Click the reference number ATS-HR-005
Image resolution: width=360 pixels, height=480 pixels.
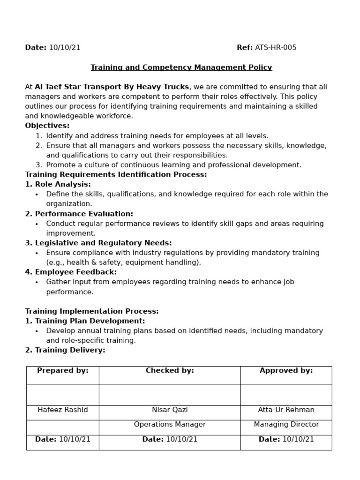275,47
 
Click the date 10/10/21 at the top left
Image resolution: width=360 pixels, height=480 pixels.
64,47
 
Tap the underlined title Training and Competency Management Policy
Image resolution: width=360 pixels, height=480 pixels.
181,67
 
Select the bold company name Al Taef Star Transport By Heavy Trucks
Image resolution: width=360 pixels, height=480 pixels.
112,87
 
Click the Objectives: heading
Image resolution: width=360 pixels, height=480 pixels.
47,126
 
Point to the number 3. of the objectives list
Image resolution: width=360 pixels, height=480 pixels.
39,165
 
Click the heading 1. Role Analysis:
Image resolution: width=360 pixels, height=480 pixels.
58,184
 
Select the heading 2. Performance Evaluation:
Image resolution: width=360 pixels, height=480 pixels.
79,214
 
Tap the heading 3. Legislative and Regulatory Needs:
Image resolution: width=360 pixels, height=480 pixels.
98,243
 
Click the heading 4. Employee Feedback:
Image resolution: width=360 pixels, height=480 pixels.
71,272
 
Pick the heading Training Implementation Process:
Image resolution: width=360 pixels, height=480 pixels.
92,311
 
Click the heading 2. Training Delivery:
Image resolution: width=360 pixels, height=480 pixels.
65,350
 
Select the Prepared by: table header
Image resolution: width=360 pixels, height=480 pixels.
63,371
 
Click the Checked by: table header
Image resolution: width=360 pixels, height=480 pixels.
170,371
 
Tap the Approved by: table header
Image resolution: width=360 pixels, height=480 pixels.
286,371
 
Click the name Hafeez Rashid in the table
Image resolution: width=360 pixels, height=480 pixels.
63,410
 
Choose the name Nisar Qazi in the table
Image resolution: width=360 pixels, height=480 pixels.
170,410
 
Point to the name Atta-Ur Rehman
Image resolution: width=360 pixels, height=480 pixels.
286,410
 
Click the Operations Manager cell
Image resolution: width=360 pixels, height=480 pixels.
170,424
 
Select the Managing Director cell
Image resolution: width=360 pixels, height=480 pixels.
286,424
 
